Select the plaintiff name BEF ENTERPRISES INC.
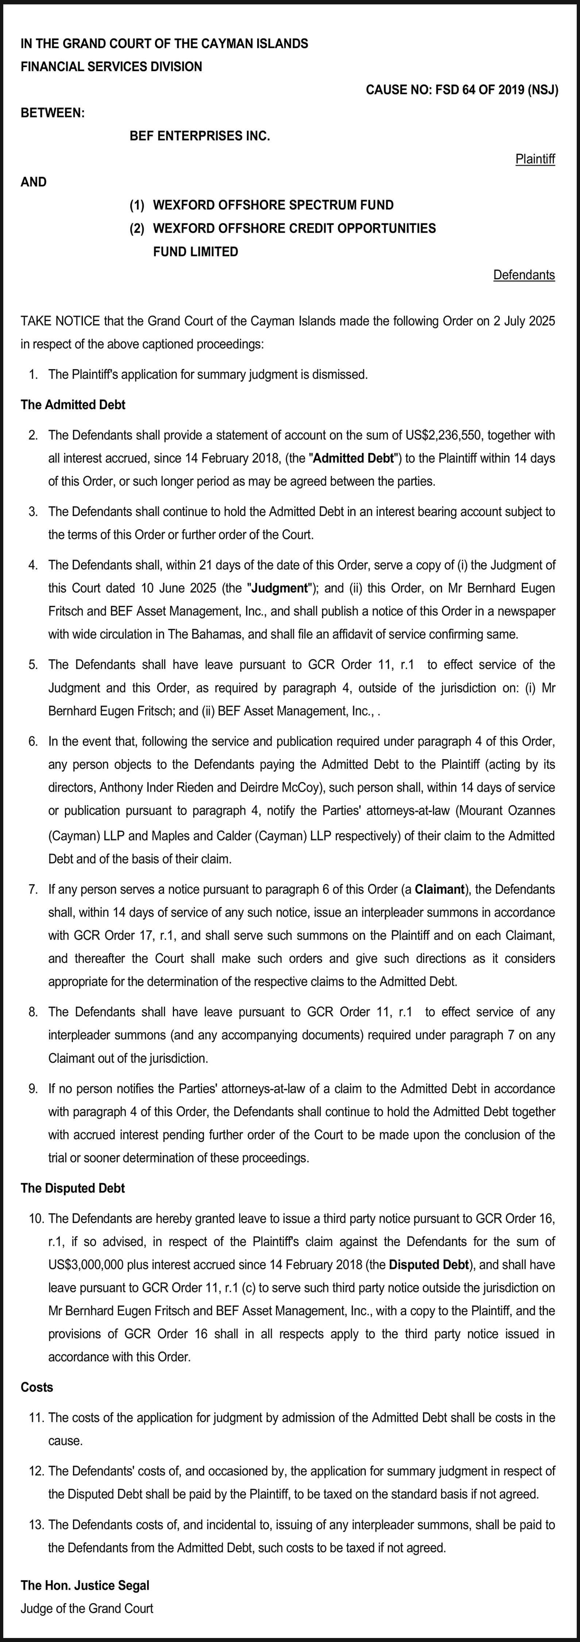tap(200, 136)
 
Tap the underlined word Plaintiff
tap(535, 159)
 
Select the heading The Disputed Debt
tap(73, 1188)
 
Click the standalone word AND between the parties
tap(34, 182)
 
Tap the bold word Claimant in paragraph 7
tap(439, 889)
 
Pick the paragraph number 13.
tap(36, 1525)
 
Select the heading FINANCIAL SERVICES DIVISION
tap(112, 67)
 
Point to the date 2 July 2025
tap(524, 321)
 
